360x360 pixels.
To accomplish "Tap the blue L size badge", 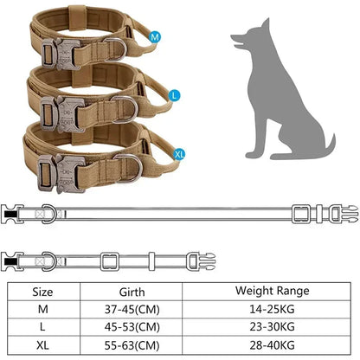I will [176, 94].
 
